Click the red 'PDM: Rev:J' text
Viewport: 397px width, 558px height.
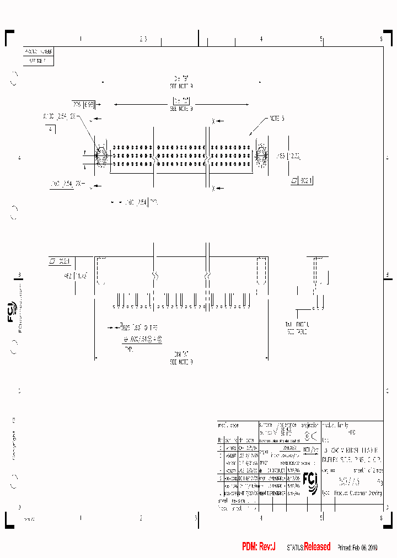tap(258, 546)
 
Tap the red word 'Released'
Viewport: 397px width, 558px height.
tap(317, 546)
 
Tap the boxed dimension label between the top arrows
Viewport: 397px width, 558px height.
tap(181, 101)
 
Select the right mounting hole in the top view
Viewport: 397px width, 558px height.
tap(262, 155)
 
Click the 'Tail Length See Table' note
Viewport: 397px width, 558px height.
tap(298, 329)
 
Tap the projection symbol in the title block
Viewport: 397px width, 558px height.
tap(311, 437)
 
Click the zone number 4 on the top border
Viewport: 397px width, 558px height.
tap(261, 39)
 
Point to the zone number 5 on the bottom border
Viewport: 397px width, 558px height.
tap(321, 518)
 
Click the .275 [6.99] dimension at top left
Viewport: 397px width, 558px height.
tap(84, 104)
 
